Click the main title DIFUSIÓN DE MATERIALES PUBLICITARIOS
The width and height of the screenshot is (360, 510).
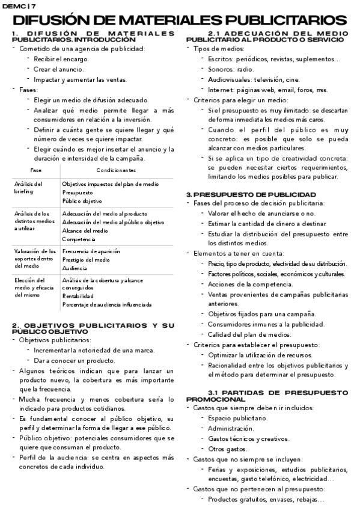pos(179,20)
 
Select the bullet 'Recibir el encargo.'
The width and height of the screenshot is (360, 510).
pos(61,59)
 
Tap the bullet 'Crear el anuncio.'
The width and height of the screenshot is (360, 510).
pos(59,69)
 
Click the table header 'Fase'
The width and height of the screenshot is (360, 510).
pos(36,171)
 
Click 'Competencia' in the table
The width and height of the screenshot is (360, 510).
pos(79,239)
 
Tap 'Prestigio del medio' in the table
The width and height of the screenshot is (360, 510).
pos(86,259)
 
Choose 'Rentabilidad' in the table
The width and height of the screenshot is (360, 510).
pos(78,296)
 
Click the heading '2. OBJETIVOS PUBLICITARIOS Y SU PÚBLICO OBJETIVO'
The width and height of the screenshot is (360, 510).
pos(93,328)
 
